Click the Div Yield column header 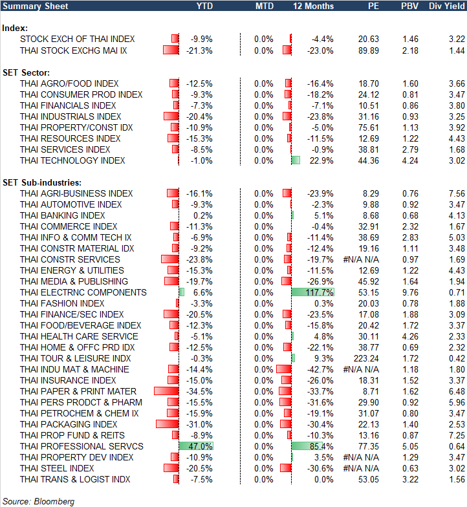(446, 6)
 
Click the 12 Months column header (313, 6)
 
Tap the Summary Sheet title (33, 6)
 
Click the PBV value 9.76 (410, 292)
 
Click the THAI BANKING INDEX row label (63, 215)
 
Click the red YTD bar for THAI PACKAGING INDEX (167, 424)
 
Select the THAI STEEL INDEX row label (57, 468)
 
